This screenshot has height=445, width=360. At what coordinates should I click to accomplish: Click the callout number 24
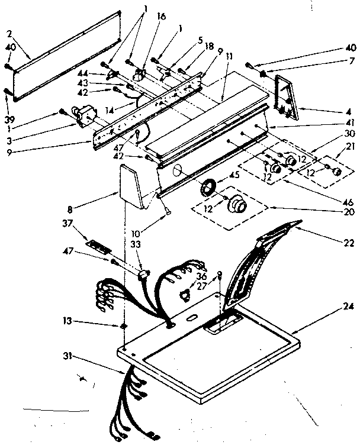(348, 306)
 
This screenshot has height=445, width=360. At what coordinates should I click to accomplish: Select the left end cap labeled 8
(131, 188)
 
